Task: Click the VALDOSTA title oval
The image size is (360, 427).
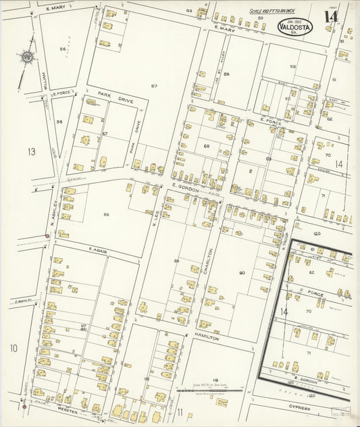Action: tap(295, 27)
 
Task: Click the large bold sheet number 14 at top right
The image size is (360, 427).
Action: tap(331, 17)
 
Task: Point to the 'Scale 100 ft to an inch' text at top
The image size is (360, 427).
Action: tap(273, 11)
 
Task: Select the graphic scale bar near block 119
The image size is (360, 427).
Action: tap(209, 390)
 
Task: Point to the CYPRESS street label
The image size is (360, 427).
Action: tap(300, 408)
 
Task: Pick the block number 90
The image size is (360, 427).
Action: tap(242, 272)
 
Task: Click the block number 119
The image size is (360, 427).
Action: tap(215, 380)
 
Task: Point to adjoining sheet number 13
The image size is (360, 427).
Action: tap(31, 151)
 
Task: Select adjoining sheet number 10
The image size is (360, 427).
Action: tap(14, 348)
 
